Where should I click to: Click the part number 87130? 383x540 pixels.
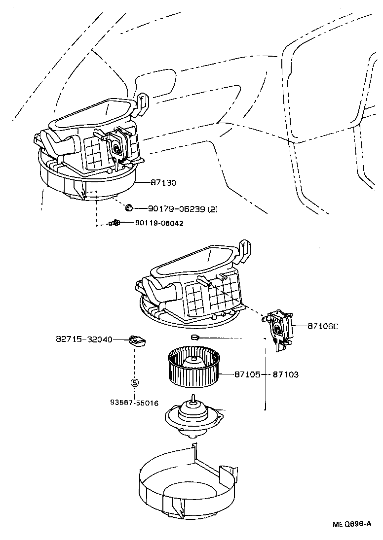[x=163, y=183]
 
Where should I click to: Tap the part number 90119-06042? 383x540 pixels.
[x=159, y=223]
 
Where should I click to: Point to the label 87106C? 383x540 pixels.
[x=323, y=326]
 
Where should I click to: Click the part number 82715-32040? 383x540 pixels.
[x=83, y=339]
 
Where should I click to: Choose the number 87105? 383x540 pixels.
[x=245, y=374]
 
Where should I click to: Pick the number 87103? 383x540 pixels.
[x=286, y=374]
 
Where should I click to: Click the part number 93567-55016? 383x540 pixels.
[x=134, y=403]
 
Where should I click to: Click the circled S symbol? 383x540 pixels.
[x=134, y=382]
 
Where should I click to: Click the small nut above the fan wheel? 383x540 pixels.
[x=194, y=337]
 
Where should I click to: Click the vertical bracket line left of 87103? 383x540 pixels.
[x=267, y=379]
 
